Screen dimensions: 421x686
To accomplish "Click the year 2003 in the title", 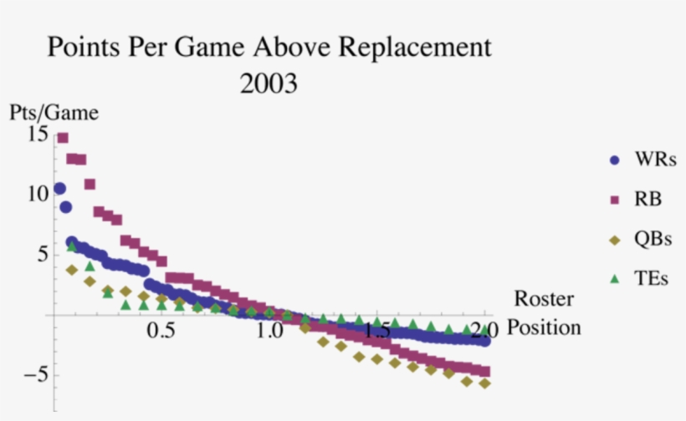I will click(x=269, y=84).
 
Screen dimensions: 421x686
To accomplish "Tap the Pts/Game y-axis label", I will click(x=54, y=113).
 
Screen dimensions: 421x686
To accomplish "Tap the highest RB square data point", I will click(x=63, y=138).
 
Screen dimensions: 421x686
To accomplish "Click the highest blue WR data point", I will click(x=59, y=189).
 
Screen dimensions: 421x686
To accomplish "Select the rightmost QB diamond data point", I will click(x=484, y=383).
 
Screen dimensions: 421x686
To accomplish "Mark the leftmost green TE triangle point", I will click(x=72, y=246).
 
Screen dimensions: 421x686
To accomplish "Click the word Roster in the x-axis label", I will click(x=544, y=299).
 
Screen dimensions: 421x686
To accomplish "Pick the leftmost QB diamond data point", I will click(x=72, y=270).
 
